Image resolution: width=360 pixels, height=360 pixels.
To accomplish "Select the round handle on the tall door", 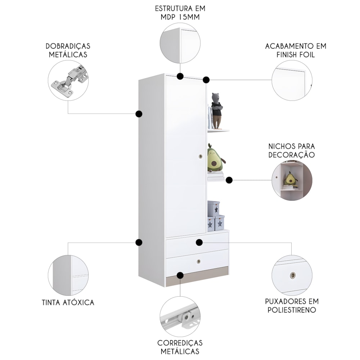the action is tap(201, 156).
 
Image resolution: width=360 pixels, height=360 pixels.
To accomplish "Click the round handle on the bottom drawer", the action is tap(199, 261).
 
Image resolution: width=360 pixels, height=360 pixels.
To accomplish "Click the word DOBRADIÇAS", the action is tap(68, 46).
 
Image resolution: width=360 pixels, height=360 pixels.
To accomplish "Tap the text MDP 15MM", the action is tap(180, 17).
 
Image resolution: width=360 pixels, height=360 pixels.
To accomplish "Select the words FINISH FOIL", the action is tap(296, 55).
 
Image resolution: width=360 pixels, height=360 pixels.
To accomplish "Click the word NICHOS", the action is tap(280, 146).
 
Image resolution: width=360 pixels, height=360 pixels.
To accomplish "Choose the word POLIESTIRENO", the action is tap(292, 310).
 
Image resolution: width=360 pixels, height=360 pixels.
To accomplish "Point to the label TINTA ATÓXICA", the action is tap(68, 302).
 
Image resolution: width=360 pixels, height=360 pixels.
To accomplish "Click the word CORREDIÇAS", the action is tap(180, 343).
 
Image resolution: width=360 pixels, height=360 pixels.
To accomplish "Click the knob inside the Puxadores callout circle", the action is tap(293, 275).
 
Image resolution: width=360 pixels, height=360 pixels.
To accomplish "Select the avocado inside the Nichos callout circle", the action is tap(290, 179).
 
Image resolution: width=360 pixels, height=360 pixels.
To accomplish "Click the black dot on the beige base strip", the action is tap(180, 275).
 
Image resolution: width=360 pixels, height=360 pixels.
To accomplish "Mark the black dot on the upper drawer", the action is tap(199, 242).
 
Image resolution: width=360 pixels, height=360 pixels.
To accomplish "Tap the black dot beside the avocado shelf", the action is tap(229, 180).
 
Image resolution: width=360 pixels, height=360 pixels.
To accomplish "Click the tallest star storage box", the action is tap(213, 209).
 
